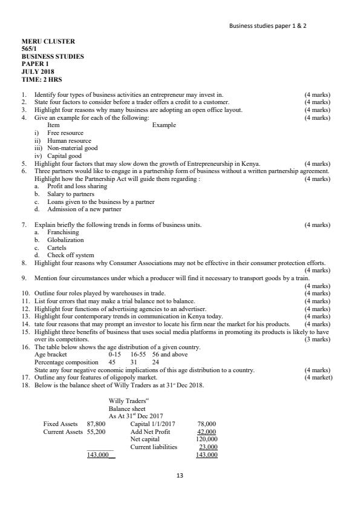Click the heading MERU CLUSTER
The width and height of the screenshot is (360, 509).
tap(48, 42)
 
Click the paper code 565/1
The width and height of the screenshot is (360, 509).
tap(30, 49)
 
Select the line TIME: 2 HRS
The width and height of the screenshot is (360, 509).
tap(42, 80)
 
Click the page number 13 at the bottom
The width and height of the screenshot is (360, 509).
tap(179, 476)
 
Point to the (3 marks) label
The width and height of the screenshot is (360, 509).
tap(318, 339)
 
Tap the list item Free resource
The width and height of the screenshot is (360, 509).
tap(65, 133)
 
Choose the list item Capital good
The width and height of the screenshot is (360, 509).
tap(64, 156)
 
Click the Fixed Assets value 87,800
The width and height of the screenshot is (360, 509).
tap(97, 424)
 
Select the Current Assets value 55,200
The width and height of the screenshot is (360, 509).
tap(97, 432)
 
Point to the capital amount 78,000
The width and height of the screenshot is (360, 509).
tap(207, 424)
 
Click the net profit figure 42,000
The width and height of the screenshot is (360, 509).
tap(207, 432)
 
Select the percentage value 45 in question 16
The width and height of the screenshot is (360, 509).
tap(111, 362)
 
